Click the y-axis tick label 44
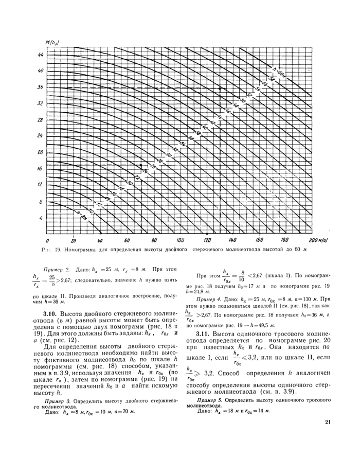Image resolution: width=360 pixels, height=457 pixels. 40,54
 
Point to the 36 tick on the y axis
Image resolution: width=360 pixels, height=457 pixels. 40,87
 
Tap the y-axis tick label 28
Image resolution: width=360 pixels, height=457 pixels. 40,119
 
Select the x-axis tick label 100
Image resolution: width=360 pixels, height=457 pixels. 180,240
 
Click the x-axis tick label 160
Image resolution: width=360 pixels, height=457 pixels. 260,240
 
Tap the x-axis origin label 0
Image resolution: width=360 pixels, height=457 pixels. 47,240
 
